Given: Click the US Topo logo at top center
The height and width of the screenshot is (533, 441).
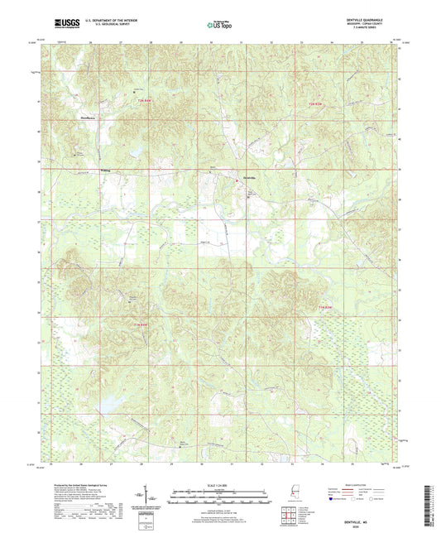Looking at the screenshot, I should coord(218,26).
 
